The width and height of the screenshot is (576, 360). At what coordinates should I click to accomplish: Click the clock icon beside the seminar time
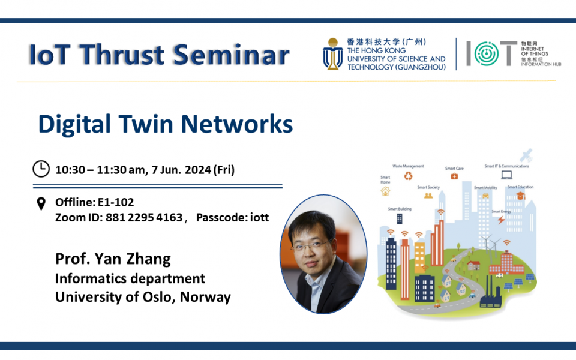click(41, 169)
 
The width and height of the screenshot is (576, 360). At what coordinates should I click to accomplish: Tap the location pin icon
click(41, 204)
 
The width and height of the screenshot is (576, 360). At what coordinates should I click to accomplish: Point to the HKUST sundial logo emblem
click(332, 54)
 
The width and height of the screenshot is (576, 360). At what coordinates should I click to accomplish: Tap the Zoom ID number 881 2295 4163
click(144, 217)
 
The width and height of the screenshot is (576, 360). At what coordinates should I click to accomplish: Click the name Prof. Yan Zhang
click(113, 259)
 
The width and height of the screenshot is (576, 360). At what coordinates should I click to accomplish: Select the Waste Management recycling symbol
click(409, 176)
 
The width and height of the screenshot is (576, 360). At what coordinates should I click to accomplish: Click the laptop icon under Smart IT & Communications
click(507, 175)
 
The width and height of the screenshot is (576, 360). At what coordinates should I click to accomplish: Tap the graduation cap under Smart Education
click(520, 196)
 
